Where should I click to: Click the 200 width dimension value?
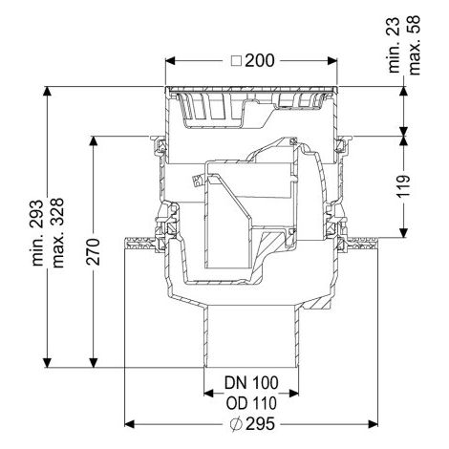(260, 60)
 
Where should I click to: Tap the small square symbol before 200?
(236, 61)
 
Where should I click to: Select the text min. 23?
(395, 45)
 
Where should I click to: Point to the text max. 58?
(415, 45)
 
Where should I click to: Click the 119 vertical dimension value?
(404, 186)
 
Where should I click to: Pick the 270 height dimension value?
(94, 251)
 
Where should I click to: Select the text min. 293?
(37, 233)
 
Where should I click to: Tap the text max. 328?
(58, 233)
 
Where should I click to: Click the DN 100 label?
(251, 383)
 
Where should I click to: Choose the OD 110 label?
(251, 403)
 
